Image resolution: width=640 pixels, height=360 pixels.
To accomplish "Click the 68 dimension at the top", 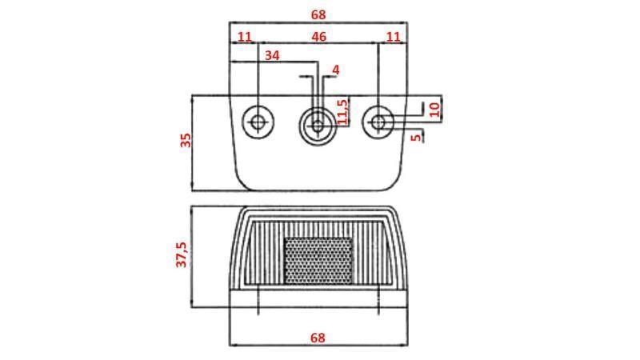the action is tap(318, 14).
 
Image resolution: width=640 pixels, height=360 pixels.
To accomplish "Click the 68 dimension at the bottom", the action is tap(318, 338).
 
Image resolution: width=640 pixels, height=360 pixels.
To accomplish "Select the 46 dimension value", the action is tap(318, 37).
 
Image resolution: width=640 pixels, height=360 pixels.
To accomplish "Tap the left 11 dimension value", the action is tap(245, 37).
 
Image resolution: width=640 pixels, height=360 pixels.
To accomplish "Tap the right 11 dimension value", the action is tap(394, 37).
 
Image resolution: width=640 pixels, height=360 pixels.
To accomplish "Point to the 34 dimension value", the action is tap(272, 55).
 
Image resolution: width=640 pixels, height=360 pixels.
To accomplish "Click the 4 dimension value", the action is tap(336, 70).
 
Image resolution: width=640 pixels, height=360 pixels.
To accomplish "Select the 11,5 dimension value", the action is tap(343, 112).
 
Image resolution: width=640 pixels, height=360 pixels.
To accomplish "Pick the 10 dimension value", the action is tap(435, 110).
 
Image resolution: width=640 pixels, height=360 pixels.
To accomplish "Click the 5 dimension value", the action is tap(416, 137).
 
